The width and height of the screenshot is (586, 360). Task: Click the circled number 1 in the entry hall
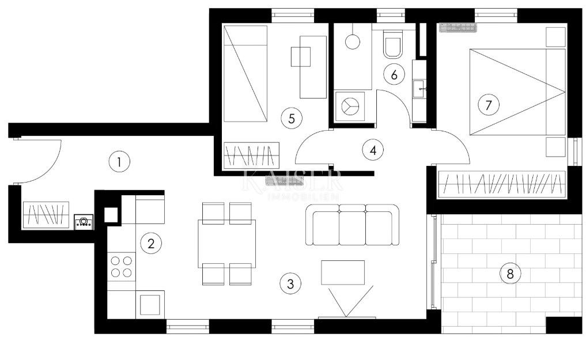pyautogui.click(x=119, y=162)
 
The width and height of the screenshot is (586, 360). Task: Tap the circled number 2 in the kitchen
pyautogui.click(x=151, y=244)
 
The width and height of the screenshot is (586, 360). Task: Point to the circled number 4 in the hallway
pyautogui.click(x=373, y=150)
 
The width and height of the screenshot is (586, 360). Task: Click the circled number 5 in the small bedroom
pyautogui.click(x=292, y=119)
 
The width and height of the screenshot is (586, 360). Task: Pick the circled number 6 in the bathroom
pyautogui.click(x=394, y=74)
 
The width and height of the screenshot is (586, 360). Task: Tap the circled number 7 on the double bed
pyautogui.click(x=489, y=105)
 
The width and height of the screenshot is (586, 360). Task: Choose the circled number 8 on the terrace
pyautogui.click(x=509, y=274)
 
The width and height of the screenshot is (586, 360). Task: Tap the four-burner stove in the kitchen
pyautogui.click(x=122, y=266)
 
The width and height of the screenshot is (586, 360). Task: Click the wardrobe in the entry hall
pyautogui.click(x=46, y=215)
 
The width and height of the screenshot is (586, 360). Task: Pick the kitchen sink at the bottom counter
pyautogui.click(x=150, y=304)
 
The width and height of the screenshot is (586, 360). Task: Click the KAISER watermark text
pyautogui.click(x=293, y=181)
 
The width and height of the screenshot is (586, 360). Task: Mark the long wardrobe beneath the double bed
pyautogui.click(x=500, y=184)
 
